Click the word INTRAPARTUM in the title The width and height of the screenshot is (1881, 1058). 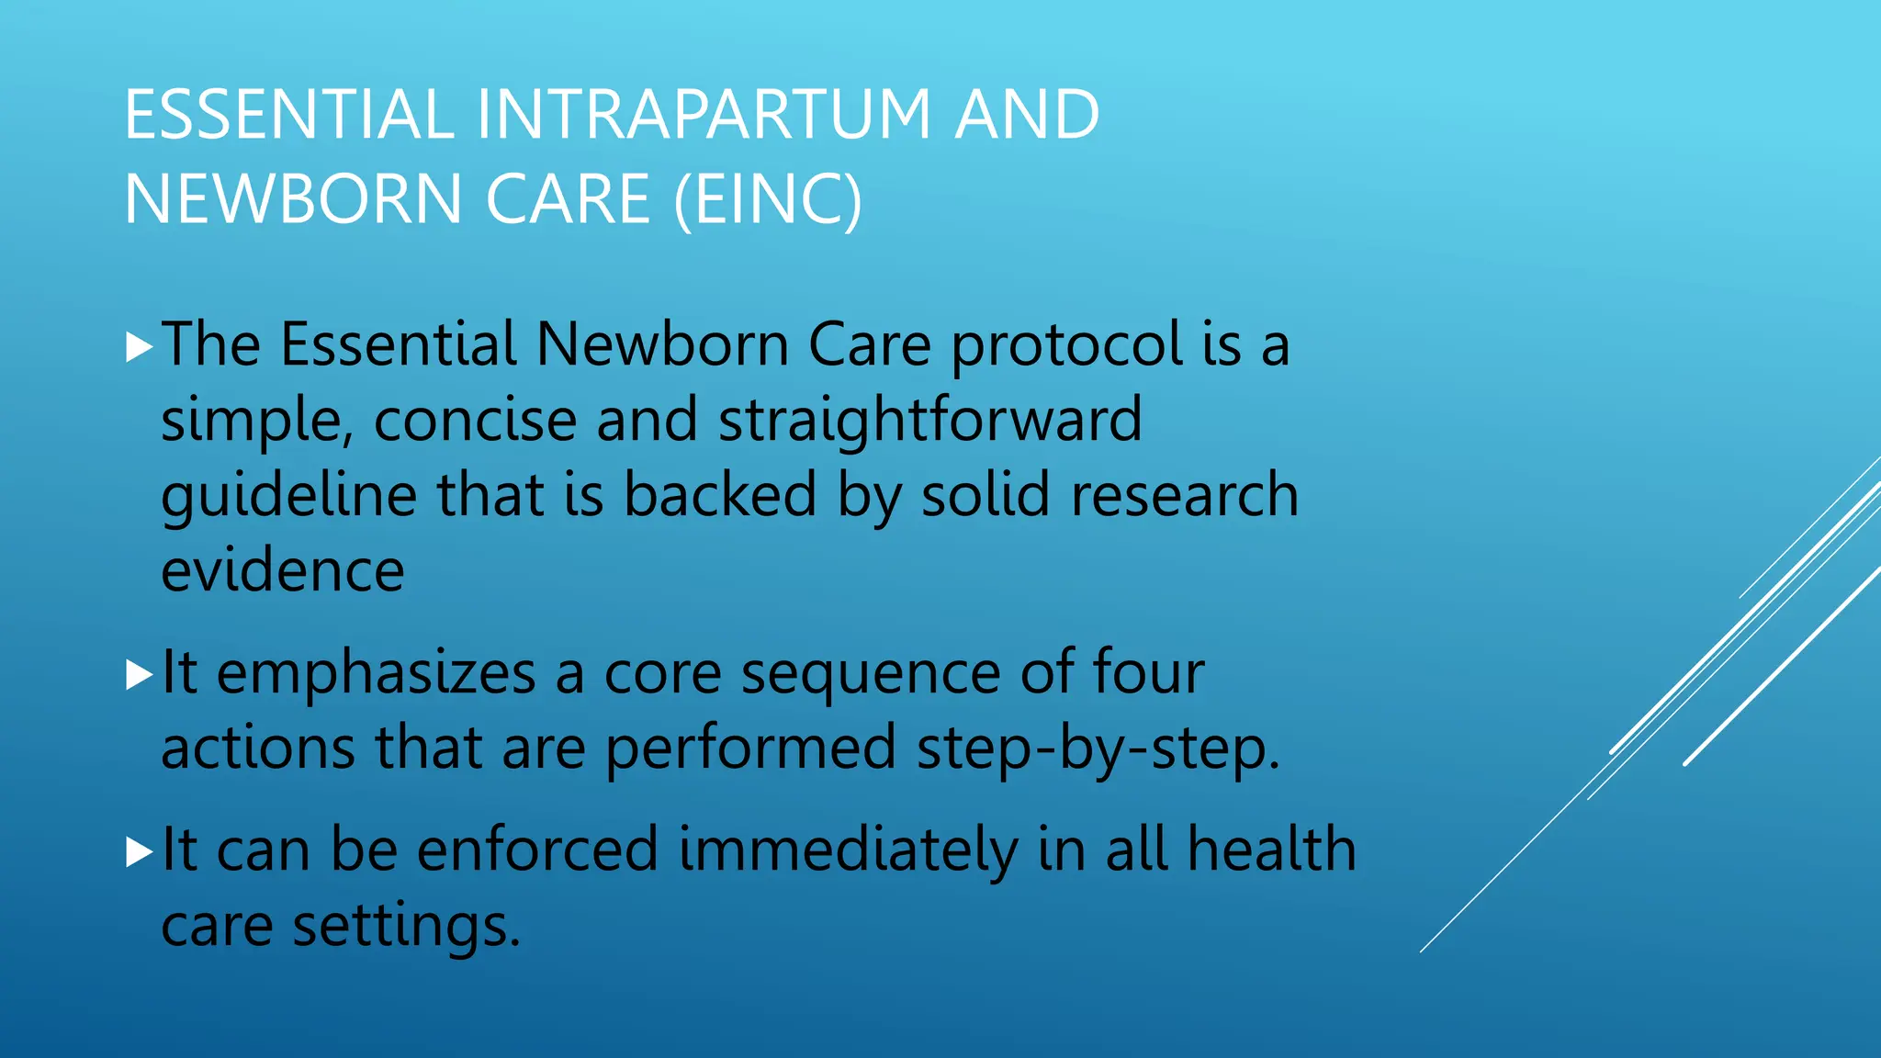[x=704, y=115]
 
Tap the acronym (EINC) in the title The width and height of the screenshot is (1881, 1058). [x=768, y=199]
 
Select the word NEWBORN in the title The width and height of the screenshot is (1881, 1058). [x=293, y=199]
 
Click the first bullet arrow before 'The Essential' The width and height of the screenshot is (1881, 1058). [x=139, y=347]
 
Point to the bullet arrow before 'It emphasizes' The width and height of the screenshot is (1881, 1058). [x=139, y=675]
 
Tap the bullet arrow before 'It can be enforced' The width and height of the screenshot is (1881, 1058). [x=139, y=851]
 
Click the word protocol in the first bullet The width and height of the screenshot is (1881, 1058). [x=1066, y=347]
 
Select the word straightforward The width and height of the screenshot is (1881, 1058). [x=929, y=421]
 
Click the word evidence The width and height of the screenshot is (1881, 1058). [x=282, y=571]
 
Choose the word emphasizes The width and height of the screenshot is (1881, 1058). [x=376, y=675]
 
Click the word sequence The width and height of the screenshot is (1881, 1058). [x=870, y=675]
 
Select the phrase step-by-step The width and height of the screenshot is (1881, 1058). [x=1098, y=749]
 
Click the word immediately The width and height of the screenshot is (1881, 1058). [x=848, y=850]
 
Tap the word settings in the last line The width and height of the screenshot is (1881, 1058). [x=406, y=927]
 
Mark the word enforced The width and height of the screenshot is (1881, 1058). [x=537, y=850]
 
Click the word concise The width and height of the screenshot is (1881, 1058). [x=474, y=421]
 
